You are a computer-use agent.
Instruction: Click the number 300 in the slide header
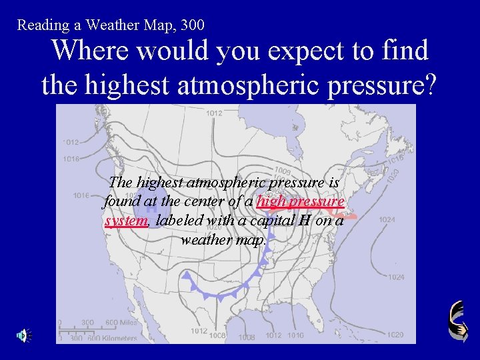[x=191, y=25]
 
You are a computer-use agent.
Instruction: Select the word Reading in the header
[x=41, y=25]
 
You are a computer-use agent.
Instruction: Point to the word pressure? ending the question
[x=377, y=84]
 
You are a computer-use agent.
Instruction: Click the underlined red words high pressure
[x=301, y=201]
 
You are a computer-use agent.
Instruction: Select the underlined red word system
[x=126, y=221]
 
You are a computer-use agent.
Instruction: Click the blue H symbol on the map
[x=151, y=207]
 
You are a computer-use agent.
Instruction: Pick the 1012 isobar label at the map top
[x=214, y=113]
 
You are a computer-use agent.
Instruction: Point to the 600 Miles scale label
[x=122, y=323]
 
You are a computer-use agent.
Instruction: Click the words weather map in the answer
[x=222, y=239]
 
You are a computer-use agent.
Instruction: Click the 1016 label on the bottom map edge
[x=296, y=335]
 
